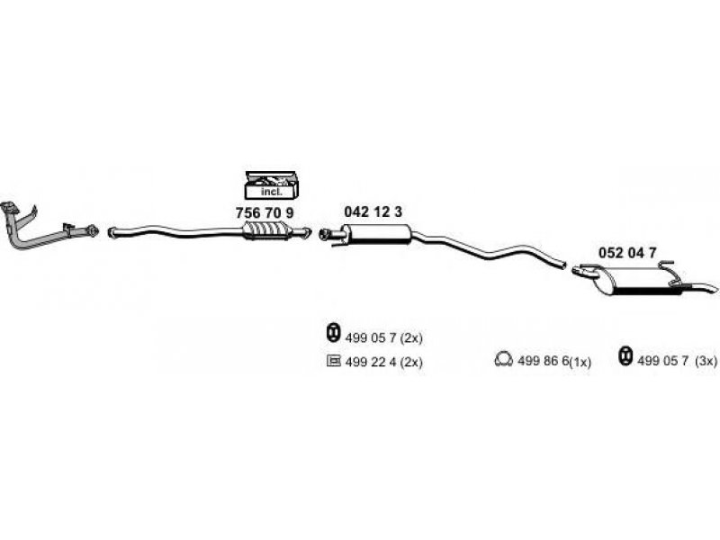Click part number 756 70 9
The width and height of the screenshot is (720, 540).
265,213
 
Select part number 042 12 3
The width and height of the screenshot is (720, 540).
373,211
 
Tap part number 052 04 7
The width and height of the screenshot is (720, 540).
627,253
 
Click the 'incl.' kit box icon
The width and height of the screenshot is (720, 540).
272,185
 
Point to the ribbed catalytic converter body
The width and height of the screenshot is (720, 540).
265,229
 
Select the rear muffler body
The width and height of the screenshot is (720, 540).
637,281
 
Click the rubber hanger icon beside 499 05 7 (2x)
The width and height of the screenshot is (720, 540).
333,332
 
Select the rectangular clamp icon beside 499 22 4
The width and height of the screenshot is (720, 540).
333,361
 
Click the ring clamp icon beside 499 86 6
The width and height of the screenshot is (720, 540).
503,359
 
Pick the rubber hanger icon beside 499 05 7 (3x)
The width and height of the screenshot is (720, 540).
625,356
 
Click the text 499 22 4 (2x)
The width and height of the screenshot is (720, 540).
383,363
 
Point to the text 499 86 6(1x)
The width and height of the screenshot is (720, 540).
554,362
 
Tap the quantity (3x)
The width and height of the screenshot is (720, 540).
706,362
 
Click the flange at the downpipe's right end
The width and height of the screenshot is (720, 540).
93,230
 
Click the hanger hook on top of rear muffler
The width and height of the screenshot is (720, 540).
668,265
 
